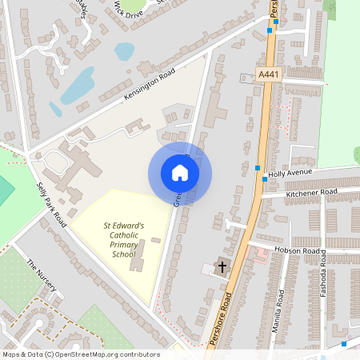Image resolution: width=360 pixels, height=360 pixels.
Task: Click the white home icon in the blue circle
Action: tap(180, 173)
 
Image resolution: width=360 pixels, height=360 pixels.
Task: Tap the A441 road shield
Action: tap(270, 74)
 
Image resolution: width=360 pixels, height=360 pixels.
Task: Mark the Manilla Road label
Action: tap(279, 305)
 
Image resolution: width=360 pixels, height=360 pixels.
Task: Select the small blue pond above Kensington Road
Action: tap(124, 51)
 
